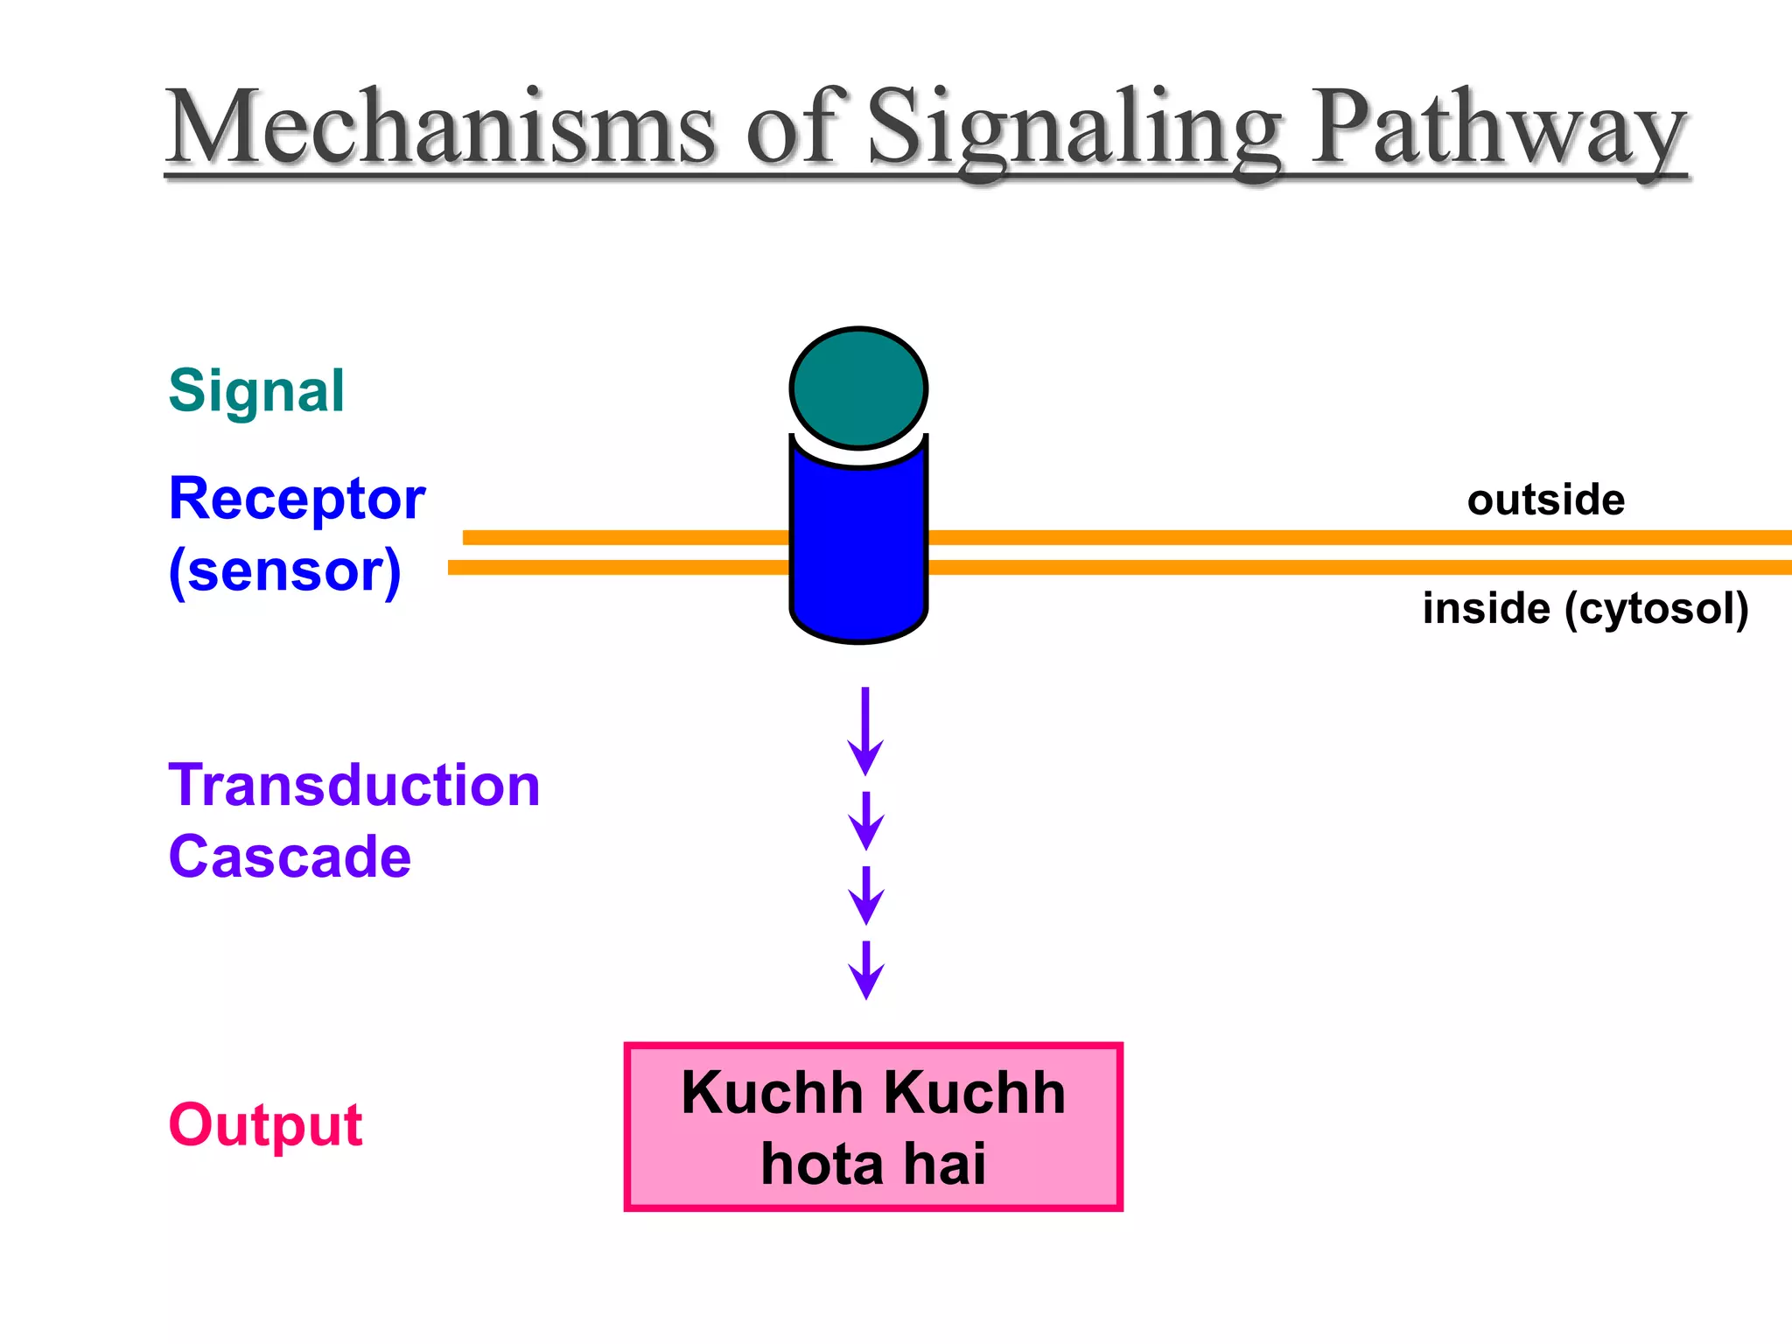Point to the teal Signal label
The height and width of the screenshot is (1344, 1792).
point(256,391)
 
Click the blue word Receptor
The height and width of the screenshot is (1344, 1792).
point(297,499)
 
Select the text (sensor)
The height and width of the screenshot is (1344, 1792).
point(284,571)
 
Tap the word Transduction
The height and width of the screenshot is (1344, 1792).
point(354,785)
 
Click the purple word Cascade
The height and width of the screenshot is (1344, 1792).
point(290,857)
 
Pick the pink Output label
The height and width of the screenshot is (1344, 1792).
point(265,1125)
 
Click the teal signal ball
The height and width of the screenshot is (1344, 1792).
point(858,388)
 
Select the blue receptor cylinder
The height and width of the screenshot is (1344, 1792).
point(858,551)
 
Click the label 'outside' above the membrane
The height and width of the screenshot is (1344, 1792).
point(1546,500)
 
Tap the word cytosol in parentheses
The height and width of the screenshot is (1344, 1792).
point(1656,609)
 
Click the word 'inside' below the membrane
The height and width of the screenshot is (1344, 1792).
point(1486,609)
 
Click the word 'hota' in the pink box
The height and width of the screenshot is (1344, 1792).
point(822,1165)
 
